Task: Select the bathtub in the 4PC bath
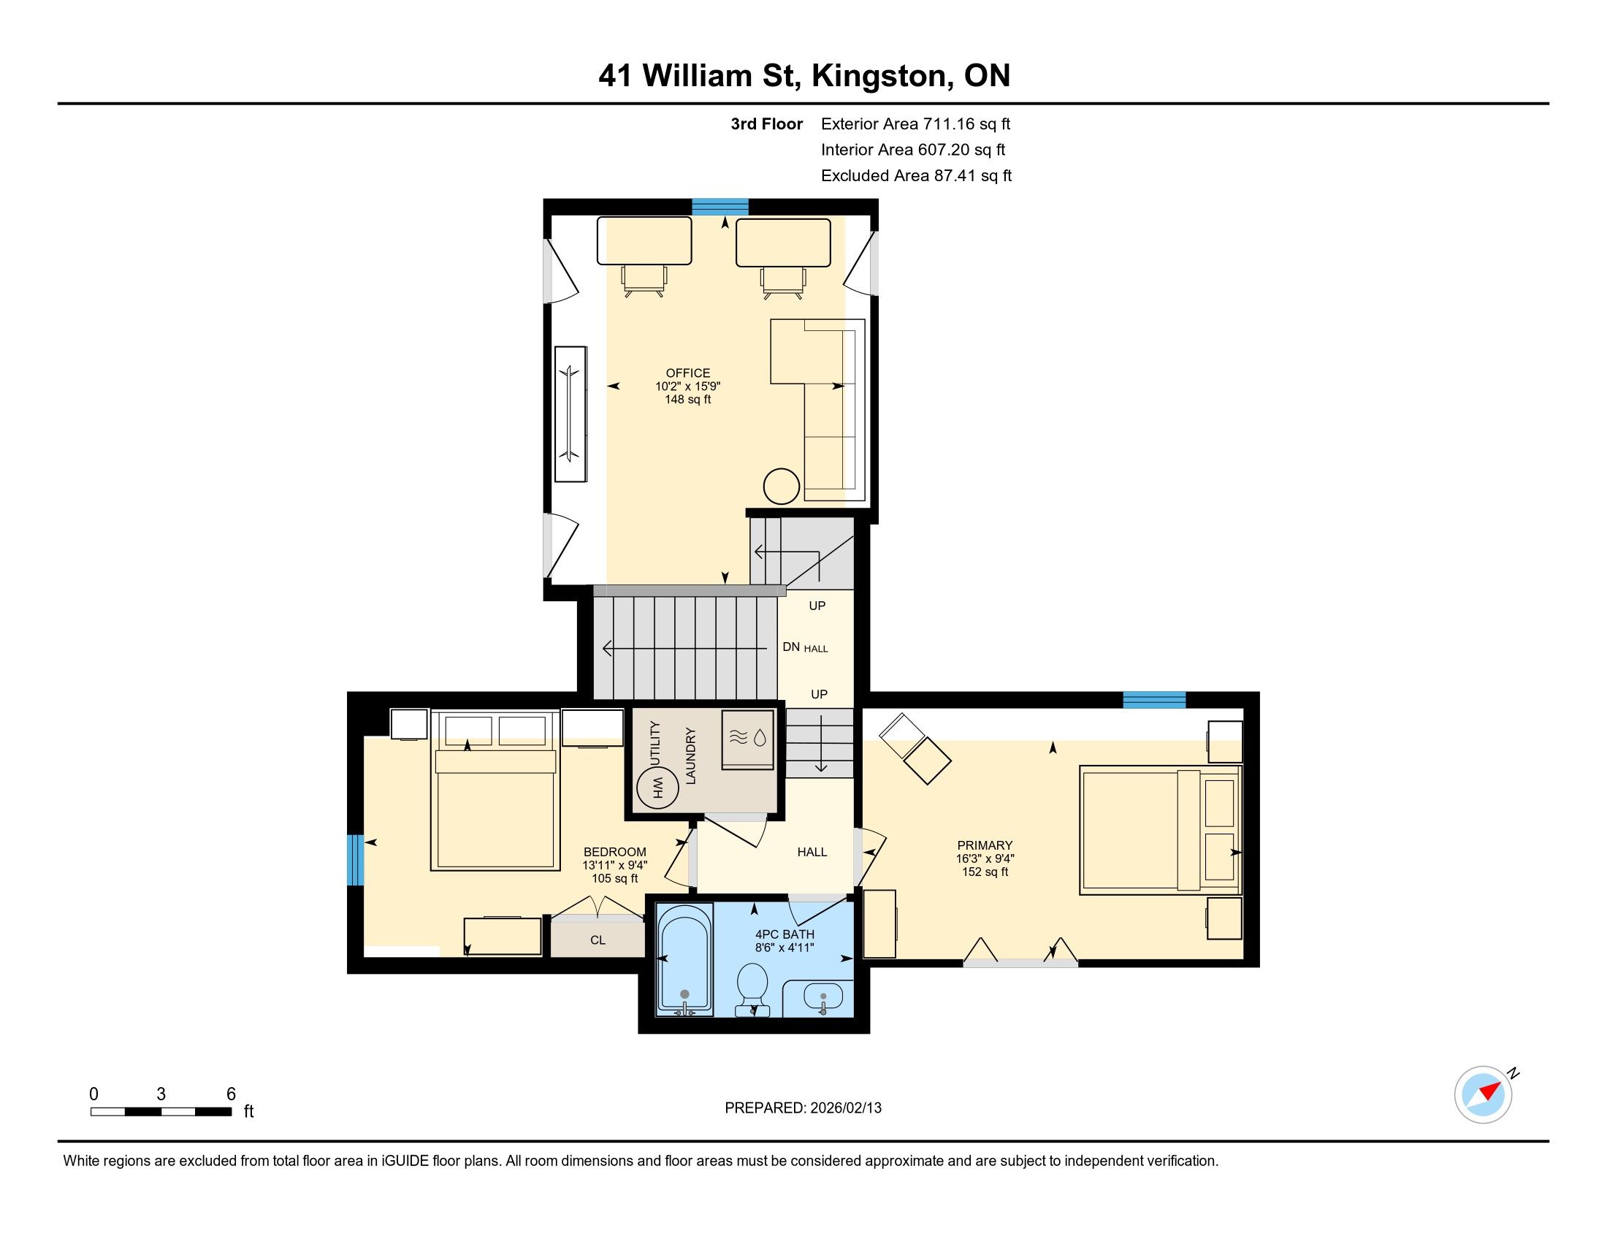(684, 960)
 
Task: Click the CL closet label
(598, 940)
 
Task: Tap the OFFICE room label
(688, 373)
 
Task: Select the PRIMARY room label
(985, 845)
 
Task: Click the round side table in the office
(781, 487)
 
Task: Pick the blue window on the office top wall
(719, 207)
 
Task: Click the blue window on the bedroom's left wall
(356, 859)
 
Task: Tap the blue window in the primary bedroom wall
(1153, 700)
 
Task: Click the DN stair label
(791, 647)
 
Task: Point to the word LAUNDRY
(690, 755)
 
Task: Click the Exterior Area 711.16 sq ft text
(915, 123)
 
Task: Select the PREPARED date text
(803, 1108)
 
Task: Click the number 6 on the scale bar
(231, 1094)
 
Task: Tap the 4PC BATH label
(785, 934)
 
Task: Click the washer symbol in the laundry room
(747, 739)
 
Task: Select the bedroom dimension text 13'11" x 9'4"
(614, 865)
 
